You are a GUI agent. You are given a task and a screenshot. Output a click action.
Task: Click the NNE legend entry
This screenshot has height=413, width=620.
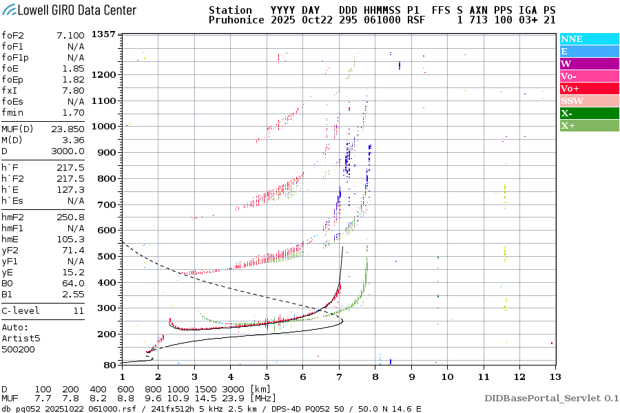point(572,39)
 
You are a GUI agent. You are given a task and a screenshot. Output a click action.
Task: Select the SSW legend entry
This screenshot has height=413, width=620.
point(572,101)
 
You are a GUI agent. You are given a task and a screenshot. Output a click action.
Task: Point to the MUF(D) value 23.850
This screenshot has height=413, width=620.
point(68,129)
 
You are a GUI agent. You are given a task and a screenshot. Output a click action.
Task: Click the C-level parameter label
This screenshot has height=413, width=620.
point(21,311)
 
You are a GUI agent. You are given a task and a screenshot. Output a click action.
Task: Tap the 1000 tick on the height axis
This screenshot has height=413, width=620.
point(102,127)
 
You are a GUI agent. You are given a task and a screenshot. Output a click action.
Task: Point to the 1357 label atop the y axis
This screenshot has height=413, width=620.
point(103,34)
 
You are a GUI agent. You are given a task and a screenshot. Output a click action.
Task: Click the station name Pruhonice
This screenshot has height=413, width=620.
point(236,21)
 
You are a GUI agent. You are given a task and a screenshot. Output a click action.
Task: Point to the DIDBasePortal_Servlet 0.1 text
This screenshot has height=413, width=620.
point(551,399)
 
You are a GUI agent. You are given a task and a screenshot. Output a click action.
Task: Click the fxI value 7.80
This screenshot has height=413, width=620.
point(74,90)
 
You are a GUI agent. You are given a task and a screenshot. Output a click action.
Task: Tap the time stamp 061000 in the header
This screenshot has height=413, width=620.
point(373,21)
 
